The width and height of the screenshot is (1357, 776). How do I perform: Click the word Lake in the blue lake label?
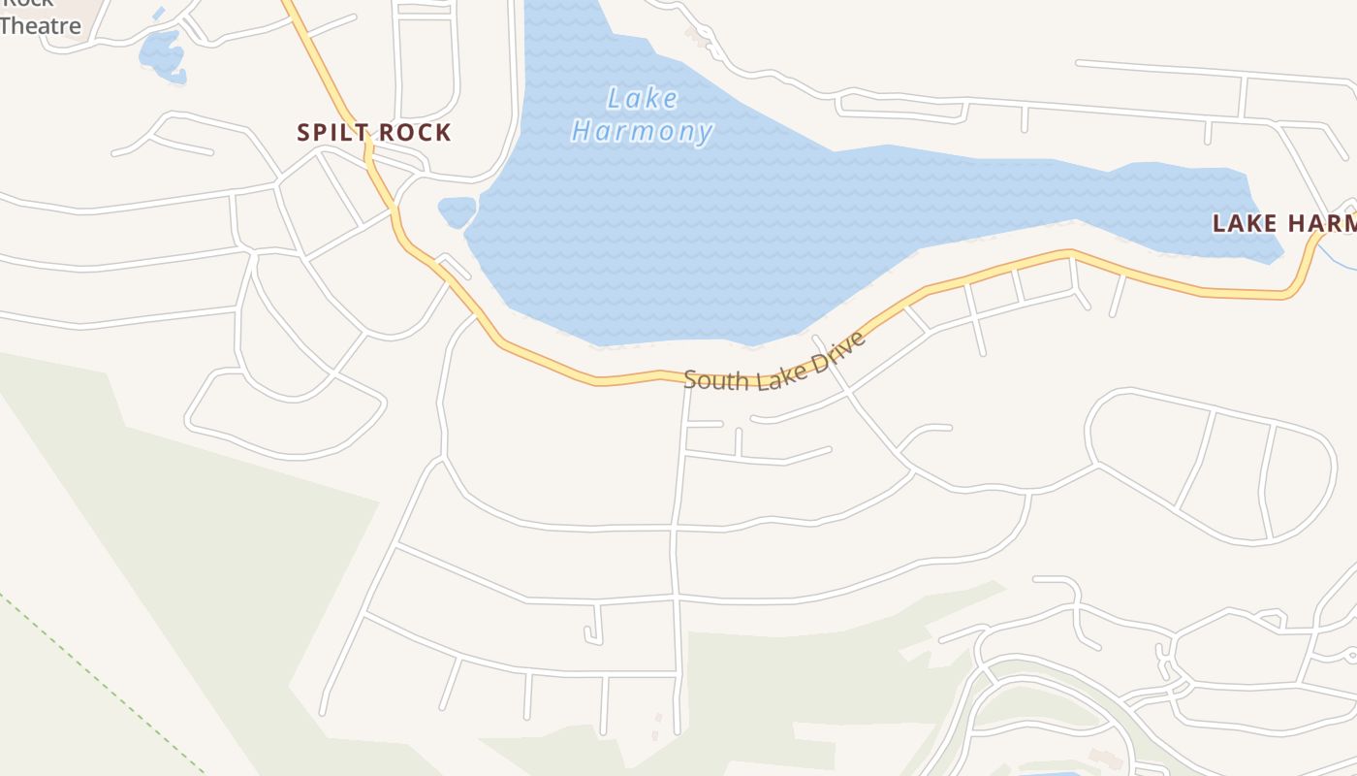(x=642, y=99)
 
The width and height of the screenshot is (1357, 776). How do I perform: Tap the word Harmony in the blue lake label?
(x=643, y=132)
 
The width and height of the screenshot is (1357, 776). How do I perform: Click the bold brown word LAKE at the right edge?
(x=1245, y=223)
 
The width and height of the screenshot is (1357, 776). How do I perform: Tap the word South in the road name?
(x=716, y=377)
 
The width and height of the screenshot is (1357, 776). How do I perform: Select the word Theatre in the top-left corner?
(x=41, y=26)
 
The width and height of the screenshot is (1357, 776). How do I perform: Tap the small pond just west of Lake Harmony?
(x=457, y=210)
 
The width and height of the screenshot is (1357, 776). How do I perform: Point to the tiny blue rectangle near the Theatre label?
(x=158, y=15)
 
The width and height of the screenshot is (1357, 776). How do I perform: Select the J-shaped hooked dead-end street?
(x=594, y=627)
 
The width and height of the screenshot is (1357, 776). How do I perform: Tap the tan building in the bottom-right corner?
(x=1105, y=758)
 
